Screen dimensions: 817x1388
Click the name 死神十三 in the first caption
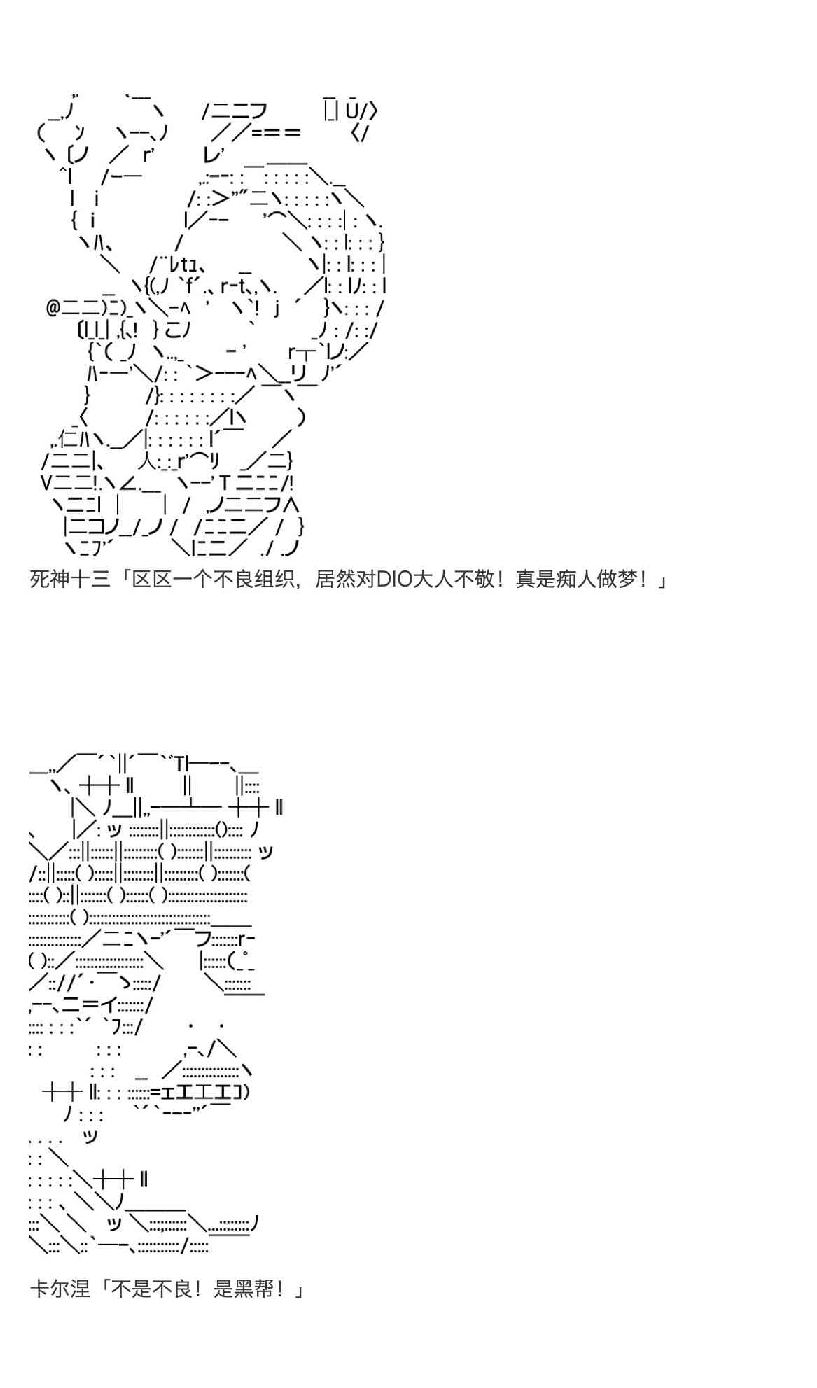70,580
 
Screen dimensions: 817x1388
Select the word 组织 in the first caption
274,580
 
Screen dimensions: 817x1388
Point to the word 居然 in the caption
335,580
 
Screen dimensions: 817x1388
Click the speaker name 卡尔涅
60,1289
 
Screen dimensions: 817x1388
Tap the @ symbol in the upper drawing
53,308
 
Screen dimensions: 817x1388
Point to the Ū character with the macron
352,110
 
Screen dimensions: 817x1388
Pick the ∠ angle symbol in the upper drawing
130,483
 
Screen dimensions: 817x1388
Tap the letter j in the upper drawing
277,309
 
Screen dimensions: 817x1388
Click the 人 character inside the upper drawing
148,461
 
